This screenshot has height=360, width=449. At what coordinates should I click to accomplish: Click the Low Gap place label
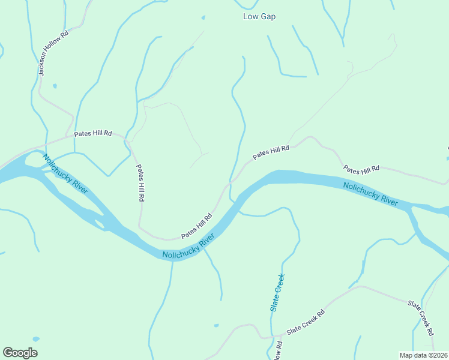tap(259, 17)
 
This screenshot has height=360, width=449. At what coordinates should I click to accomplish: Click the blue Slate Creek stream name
tap(277, 292)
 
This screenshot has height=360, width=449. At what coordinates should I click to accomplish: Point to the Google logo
tap(20, 353)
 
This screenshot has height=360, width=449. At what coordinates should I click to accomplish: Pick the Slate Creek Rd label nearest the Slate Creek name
tap(306, 322)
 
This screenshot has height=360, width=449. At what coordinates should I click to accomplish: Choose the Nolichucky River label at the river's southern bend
tap(188, 248)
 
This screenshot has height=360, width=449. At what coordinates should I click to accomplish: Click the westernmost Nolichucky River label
tap(65, 173)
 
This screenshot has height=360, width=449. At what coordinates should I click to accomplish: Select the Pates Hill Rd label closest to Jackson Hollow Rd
tap(93, 134)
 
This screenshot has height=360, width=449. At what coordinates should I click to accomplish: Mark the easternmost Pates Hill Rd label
tap(361, 169)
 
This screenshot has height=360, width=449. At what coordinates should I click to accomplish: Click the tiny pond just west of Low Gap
tap(203, 17)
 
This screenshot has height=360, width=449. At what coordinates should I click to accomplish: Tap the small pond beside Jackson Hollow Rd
tap(55, 86)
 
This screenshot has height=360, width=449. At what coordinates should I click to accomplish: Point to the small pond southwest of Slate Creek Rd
tap(216, 326)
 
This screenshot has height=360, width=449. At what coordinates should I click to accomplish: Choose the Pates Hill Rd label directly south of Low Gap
tap(271, 152)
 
